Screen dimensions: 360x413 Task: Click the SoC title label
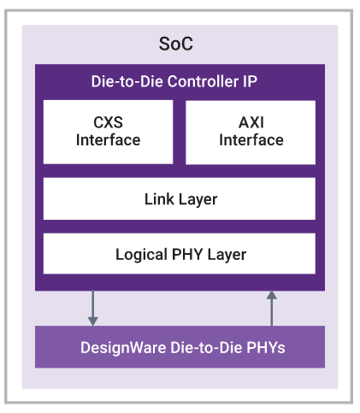[176, 44]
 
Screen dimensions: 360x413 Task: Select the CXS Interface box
[108, 132]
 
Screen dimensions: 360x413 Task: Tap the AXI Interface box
[251, 133]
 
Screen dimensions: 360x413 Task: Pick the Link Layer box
[180, 198]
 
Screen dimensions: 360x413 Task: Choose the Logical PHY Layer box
[180, 253]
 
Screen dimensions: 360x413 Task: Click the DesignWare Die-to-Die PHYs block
[180, 347]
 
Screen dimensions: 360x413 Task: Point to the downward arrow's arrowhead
[93, 322]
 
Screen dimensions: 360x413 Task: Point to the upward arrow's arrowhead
[272, 295]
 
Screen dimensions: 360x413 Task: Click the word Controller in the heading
[203, 81]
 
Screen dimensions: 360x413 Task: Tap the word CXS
[108, 122]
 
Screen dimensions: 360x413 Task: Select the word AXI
[251, 122]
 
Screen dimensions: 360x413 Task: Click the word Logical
[141, 255]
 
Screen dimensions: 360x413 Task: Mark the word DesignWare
[123, 348]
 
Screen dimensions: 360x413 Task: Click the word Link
[159, 199]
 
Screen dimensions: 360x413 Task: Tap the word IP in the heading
[250, 81]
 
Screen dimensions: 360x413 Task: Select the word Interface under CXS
[108, 140]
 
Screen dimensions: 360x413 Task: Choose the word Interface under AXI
[251, 140]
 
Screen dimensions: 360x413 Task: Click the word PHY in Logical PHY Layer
[187, 254]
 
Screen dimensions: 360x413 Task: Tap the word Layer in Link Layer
[198, 199]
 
